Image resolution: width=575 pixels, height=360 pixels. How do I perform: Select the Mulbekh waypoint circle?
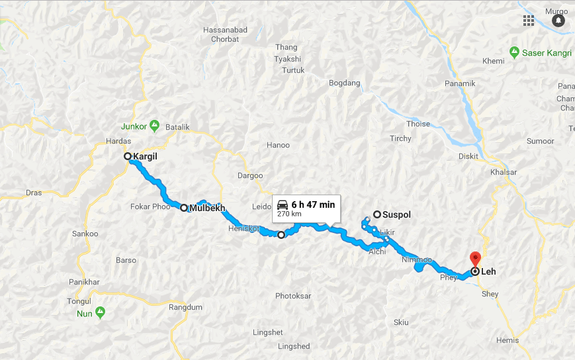coord(184,208)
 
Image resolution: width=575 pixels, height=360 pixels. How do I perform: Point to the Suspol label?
coord(397,214)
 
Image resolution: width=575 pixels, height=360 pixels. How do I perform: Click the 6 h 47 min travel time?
coord(314,204)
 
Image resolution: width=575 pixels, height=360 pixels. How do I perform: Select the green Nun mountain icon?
coord(100,311)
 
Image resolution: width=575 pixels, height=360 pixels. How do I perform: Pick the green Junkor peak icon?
coord(154,124)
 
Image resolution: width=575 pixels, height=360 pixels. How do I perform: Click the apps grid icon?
coord(528,20)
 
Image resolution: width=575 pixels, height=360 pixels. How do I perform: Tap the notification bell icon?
coord(558,21)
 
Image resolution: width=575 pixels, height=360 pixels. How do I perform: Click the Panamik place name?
coord(460,83)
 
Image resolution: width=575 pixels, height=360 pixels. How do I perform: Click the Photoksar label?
coord(292,296)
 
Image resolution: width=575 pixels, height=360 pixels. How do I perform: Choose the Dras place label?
coord(34,193)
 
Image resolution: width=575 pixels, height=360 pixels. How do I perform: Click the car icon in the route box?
coord(283,204)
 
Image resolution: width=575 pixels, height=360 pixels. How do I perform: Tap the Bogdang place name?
coord(344,83)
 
